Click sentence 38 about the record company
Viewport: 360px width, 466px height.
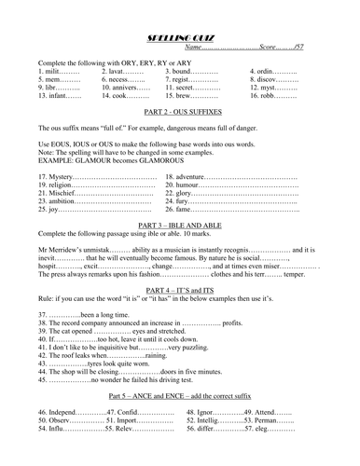click(x=131, y=336)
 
